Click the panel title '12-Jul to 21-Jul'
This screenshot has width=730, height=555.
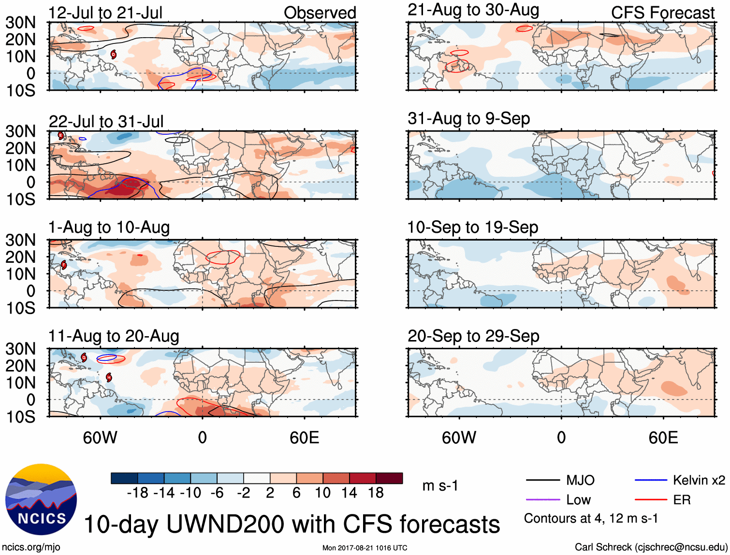(105, 13)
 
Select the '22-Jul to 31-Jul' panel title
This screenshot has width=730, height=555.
(106, 121)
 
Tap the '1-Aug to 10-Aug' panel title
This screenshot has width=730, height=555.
(109, 228)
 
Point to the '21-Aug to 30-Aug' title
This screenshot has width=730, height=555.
(473, 10)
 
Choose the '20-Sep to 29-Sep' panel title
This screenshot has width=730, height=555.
(473, 336)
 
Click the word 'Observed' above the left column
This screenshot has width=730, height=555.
(320, 13)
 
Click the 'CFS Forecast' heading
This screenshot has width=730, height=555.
(662, 13)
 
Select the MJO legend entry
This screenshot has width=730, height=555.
(580, 480)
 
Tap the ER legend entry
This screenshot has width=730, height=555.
(682, 500)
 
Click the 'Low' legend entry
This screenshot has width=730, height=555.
(578, 500)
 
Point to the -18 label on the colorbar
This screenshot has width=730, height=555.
(138, 493)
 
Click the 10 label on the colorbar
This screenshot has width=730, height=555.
(322, 493)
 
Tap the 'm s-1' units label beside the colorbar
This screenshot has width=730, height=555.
(440, 485)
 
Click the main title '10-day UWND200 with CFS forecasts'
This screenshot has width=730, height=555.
(292, 525)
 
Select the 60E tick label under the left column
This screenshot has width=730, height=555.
(304, 438)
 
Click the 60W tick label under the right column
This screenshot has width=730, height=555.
(459, 438)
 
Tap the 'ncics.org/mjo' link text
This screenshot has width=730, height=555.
(31, 547)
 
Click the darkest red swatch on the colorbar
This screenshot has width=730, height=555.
(389, 478)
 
